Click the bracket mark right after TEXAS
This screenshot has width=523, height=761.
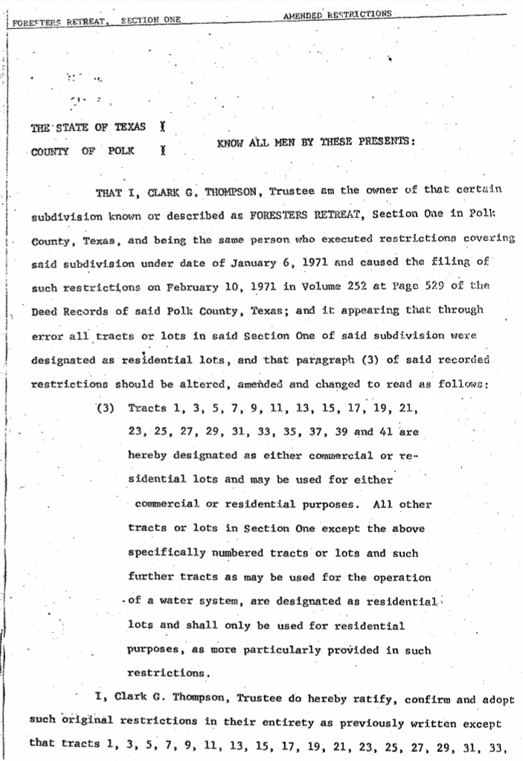161,127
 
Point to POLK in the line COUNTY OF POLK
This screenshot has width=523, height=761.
121,151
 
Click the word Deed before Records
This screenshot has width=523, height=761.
47,311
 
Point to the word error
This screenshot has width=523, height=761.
48,335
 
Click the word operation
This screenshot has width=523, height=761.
402,577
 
